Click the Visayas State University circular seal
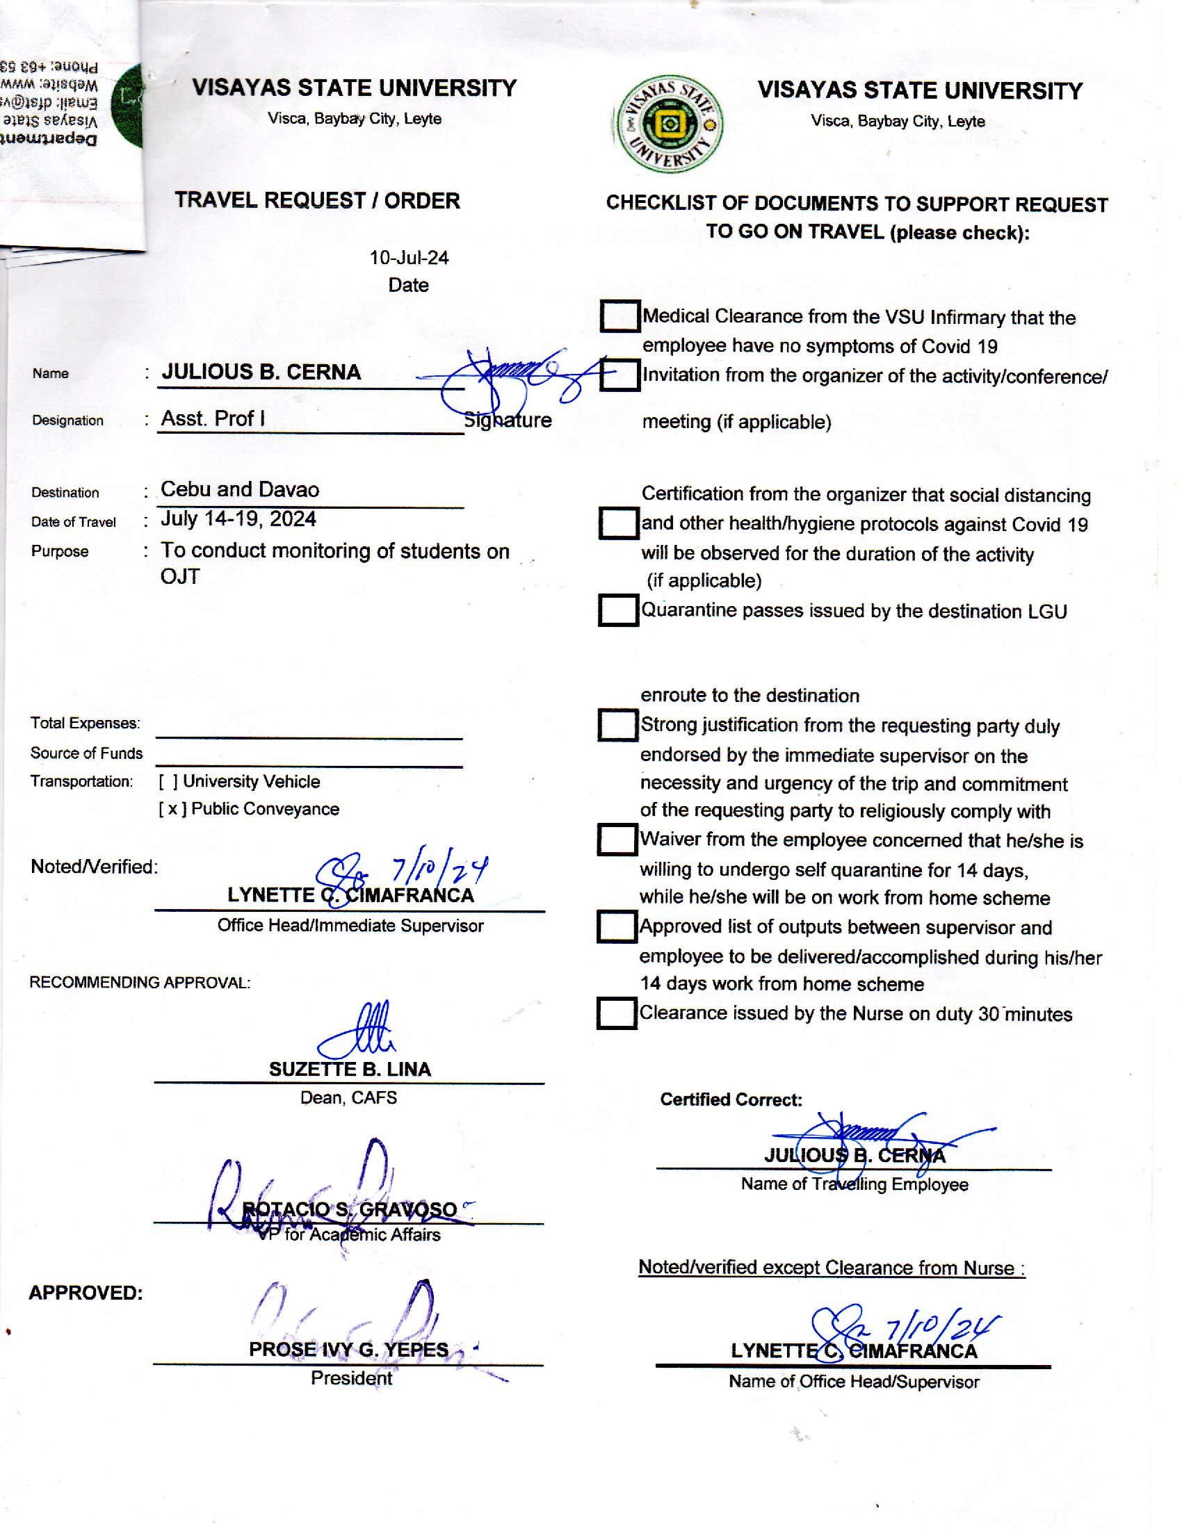coord(668,124)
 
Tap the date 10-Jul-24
coord(409,258)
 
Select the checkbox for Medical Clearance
coord(620,316)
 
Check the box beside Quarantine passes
coord(617,610)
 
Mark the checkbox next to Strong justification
coord(617,725)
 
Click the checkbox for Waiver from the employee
coord(617,839)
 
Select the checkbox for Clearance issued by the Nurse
coord(616,1013)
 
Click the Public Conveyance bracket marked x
coord(172,809)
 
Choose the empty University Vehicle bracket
coord(168,781)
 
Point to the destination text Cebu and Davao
coord(239,489)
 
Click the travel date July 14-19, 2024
coord(238,518)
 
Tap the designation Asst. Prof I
coord(213,418)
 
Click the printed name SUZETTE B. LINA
coord(350,1069)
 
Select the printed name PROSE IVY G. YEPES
coord(349,1349)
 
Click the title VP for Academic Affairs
coord(349,1234)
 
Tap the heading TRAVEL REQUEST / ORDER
coord(317,200)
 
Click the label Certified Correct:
coord(730,1099)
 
